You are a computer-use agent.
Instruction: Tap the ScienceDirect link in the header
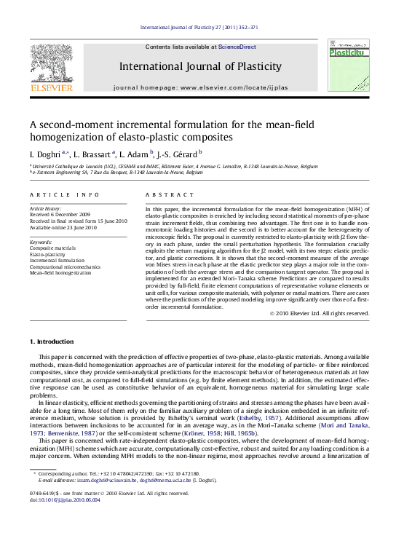tap(237, 47)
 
